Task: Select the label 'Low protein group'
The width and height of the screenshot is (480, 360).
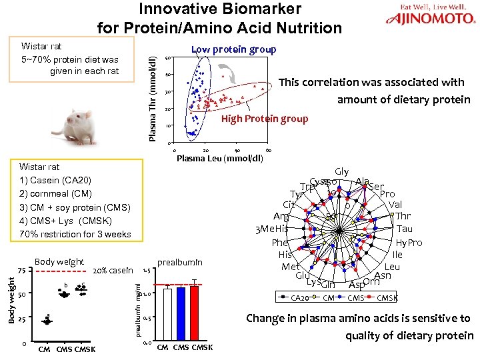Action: coord(233,50)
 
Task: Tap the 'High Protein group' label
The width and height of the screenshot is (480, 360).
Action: coord(265,119)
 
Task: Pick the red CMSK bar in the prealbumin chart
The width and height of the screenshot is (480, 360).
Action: coord(194,315)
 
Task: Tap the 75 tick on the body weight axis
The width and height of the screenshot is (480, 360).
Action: coord(21,271)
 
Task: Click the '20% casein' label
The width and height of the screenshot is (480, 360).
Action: coord(113,270)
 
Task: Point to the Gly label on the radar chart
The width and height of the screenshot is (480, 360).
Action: coord(342,172)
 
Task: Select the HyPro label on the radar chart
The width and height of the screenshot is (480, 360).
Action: coord(409,243)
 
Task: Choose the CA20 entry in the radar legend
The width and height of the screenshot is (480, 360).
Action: coord(300,298)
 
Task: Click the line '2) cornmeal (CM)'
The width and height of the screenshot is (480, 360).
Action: coord(56,194)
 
